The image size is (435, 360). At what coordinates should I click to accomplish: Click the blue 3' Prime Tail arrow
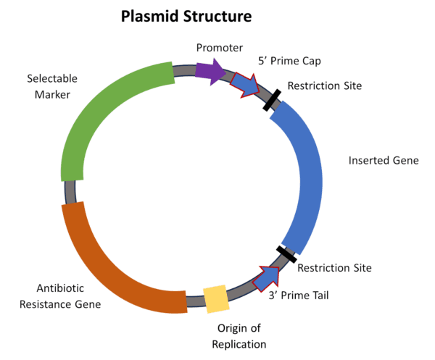(x=267, y=277)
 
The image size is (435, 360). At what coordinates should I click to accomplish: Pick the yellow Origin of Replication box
(x=216, y=298)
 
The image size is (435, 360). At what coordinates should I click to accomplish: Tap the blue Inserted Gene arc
(x=305, y=174)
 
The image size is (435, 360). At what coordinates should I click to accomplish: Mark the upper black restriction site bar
(x=273, y=101)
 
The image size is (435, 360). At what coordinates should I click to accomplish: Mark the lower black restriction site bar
(x=286, y=254)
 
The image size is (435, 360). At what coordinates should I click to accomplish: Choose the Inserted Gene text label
(x=384, y=160)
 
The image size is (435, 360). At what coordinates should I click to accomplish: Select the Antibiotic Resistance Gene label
(x=64, y=296)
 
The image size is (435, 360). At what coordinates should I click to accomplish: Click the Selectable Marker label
(x=51, y=85)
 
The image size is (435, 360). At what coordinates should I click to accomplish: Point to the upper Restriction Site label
(x=324, y=86)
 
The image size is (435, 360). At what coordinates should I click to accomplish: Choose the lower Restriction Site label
(x=334, y=268)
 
